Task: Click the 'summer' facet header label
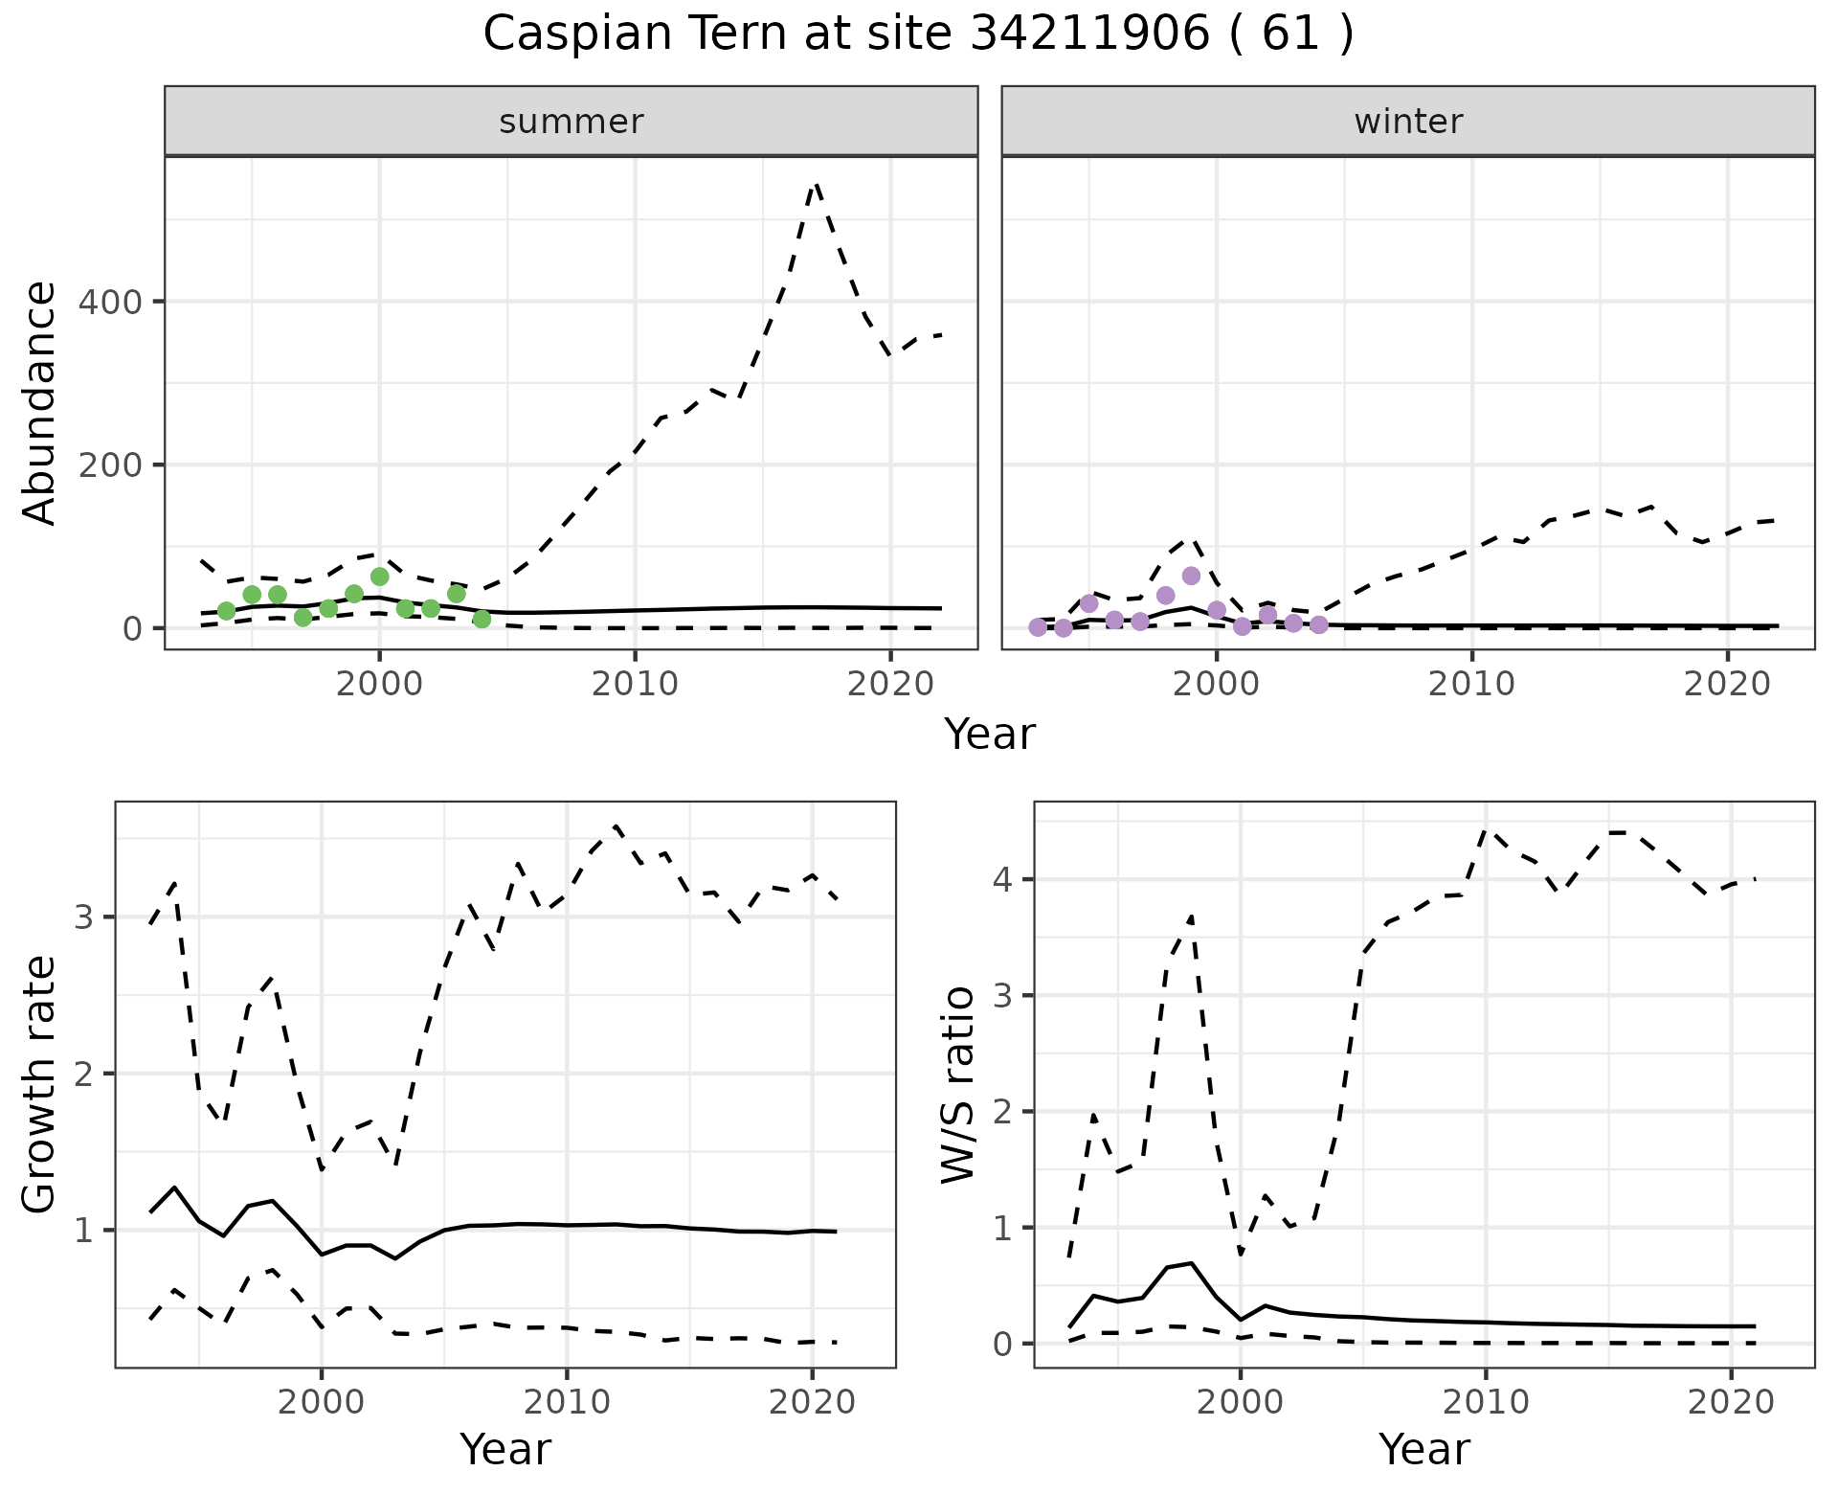pos(572,122)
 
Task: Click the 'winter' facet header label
pos(1408,122)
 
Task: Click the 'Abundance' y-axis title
pos(40,402)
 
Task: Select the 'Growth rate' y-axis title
pos(40,1084)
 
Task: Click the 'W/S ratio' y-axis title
pos(958,1084)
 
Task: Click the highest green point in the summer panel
pos(379,577)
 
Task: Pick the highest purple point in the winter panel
pos(1191,576)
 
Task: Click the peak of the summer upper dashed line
pos(815,185)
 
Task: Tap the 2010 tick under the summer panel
pos(635,684)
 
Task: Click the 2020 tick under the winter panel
pos(1728,684)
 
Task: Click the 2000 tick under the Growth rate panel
pos(322,1402)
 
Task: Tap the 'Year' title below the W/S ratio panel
pos(1423,1450)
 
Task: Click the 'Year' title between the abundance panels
pos(990,735)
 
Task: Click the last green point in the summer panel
pos(482,619)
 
